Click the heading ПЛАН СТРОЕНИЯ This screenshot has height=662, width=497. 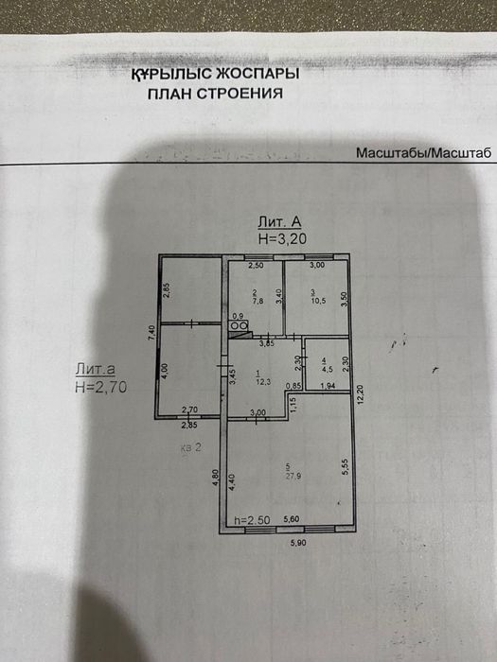[215, 94]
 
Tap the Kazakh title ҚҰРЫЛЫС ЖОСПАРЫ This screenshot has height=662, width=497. [215, 74]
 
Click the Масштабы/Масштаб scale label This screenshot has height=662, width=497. [423, 152]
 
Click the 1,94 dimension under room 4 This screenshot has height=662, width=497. [328, 387]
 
